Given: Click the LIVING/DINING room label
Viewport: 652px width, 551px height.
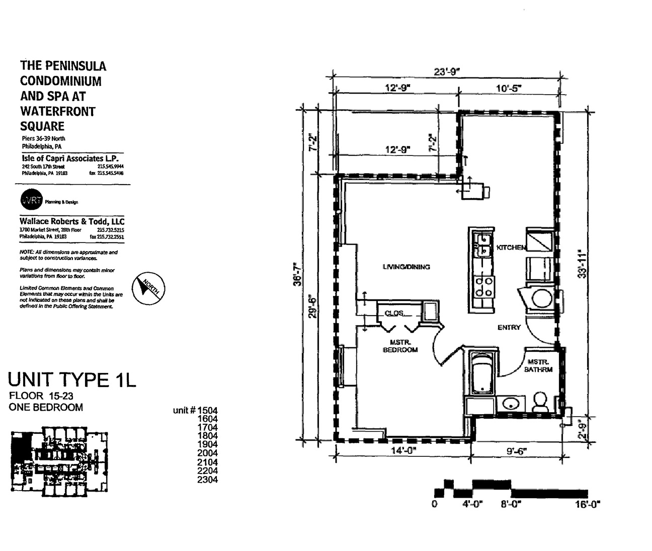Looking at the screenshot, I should coord(406,267).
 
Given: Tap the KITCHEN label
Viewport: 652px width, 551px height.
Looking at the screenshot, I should coord(511,248).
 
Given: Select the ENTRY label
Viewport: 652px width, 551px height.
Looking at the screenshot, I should coord(509,328).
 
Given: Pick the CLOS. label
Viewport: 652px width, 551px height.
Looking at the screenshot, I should coord(394,313).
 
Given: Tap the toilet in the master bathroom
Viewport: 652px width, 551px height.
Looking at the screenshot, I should coord(540,402).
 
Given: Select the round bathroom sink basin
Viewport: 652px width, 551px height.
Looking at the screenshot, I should coord(511,404).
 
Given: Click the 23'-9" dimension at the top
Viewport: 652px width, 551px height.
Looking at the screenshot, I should coord(447,71).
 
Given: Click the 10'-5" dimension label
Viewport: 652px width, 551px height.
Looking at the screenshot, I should coord(509,88).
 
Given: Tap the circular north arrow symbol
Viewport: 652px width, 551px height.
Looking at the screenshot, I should coord(147,287).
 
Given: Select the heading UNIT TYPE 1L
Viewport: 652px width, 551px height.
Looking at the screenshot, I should coord(72,379).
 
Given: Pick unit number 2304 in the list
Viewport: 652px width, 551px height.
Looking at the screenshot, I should coord(208,480).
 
